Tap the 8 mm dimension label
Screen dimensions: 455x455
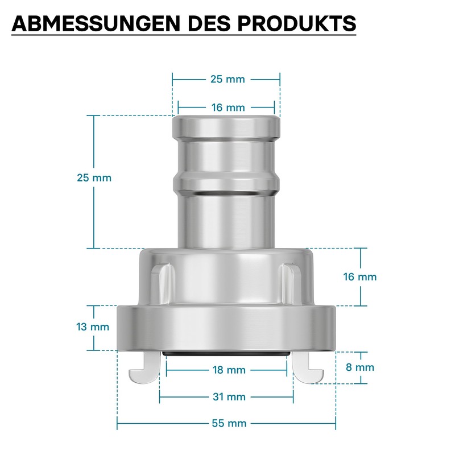[x=359, y=367]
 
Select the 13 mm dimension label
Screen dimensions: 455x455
[x=92, y=327]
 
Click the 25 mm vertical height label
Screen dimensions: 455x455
[x=94, y=177]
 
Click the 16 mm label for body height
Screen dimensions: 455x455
[x=359, y=277]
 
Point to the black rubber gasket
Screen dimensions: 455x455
[x=226, y=354]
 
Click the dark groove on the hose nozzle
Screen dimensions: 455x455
[x=226, y=195]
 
